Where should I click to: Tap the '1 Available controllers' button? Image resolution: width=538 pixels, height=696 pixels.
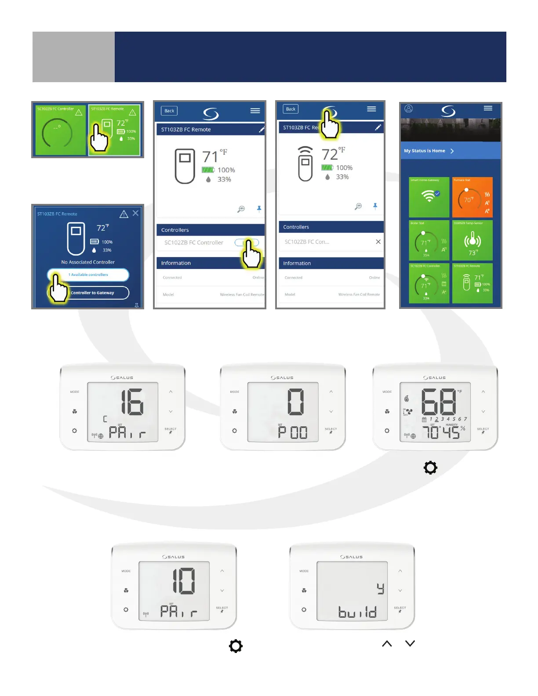coord(88,275)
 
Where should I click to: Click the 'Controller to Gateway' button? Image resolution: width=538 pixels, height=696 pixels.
coord(92,293)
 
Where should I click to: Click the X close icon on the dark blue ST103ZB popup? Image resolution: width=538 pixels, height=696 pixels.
coord(135,213)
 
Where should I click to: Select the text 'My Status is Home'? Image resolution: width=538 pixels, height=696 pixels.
coord(425,151)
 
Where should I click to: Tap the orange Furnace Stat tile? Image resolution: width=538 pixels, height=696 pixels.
coord(472,197)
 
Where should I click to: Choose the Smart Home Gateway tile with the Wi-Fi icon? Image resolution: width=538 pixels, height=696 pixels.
coord(429,197)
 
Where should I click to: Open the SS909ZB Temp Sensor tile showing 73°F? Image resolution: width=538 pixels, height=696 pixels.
coord(472,240)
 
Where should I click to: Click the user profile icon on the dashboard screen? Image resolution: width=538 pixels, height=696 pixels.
coord(409,109)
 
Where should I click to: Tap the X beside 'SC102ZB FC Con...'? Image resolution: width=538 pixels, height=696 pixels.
coord(378,242)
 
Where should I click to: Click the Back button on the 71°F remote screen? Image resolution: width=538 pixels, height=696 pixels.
coord(169,111)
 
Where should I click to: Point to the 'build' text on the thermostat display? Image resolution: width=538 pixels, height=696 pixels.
coord(357,612)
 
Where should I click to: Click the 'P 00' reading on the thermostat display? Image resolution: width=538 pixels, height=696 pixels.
coord(293,433)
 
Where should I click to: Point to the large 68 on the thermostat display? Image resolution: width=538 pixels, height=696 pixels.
coord(439,402)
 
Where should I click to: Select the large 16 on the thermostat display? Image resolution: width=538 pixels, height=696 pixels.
coord(132,402)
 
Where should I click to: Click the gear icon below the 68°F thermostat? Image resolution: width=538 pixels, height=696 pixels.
coord(430,468)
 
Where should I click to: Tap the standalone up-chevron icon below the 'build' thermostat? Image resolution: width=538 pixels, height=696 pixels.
coord(387,644)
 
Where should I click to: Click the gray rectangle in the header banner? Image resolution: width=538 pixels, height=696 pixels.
coord(73,57)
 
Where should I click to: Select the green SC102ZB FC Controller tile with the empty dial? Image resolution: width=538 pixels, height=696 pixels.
coord(61,130)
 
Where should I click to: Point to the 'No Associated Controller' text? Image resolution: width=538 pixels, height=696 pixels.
coord(88,262)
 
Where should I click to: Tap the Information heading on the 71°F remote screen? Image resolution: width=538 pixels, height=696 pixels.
coord(176,263)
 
